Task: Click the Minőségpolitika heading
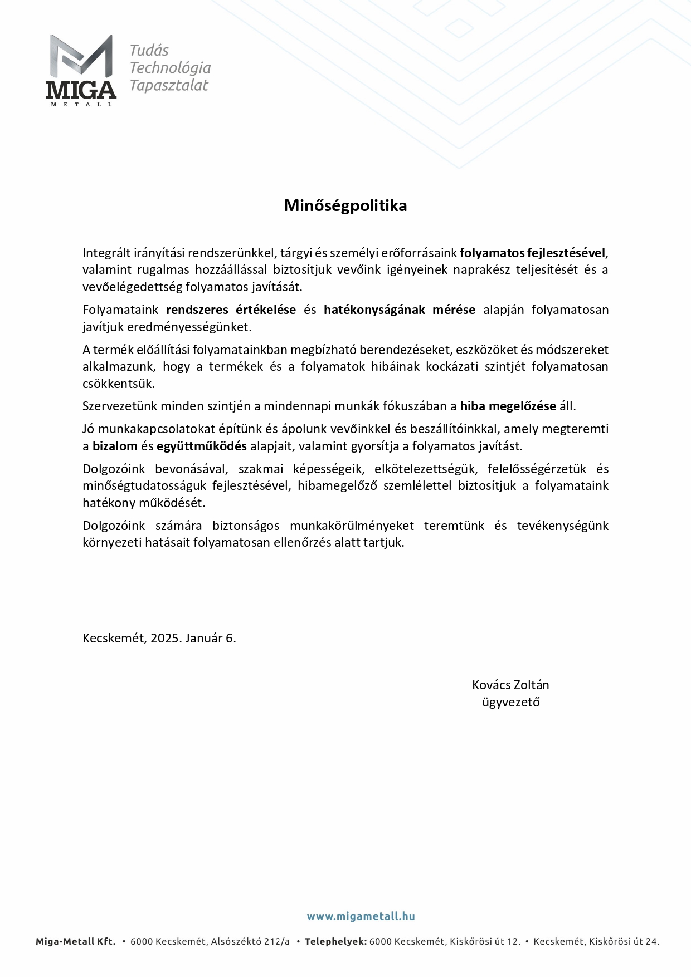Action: pos(345,205)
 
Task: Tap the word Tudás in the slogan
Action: pos(149,51)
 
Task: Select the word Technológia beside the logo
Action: pos(170,68)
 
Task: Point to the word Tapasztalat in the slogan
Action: pos(168,85)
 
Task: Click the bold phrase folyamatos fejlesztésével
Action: pos(532,253)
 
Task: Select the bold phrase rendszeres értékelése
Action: pos(231,310)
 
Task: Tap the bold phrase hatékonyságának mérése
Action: pos(399,310)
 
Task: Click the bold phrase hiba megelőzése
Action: pos(508,406)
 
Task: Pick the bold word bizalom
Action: pos(115,446)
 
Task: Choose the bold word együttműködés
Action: pos(202,446)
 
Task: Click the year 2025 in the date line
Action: pos(166,638)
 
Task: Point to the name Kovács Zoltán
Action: pos(510,685)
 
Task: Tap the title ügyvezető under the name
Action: pos(510,702)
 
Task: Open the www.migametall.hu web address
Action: pos(361,916)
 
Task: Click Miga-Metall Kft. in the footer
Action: pos(76,942)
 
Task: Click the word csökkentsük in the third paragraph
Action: pos(118,384)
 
